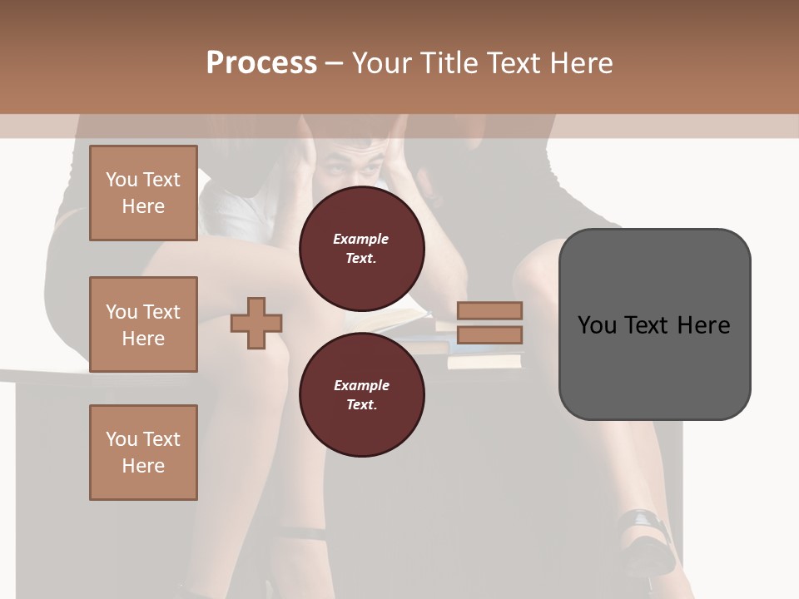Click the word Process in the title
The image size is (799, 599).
(x=261, y=63)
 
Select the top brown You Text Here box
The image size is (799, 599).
(x=143, y=193)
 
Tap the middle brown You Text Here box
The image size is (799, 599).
(x=143, y=324)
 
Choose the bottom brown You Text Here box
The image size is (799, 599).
(x=143, y=453)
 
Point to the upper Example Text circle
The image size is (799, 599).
(x=361, y=248)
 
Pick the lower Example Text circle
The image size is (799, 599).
(x=361, y=394)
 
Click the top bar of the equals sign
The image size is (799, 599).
(x=489, y=310)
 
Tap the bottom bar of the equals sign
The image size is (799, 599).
(x=489, y=334)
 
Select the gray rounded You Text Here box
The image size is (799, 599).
(x=654, y=324)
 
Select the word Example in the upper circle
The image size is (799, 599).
(x=361, y=239)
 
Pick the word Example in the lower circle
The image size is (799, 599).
(x=361, y=385)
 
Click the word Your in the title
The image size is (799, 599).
(x=382, y=63)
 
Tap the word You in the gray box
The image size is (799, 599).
(x=596, y=325)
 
